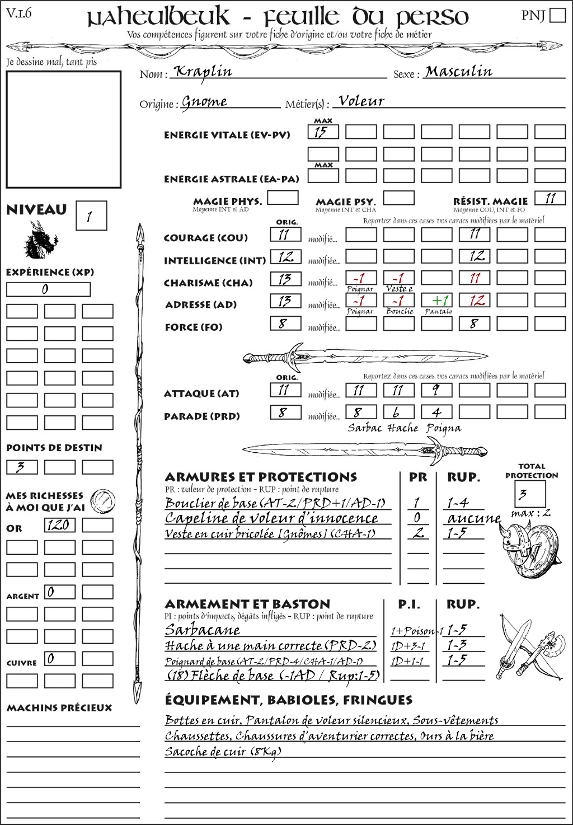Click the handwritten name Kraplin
click(x=203, y=71)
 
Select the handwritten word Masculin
click(x=458, y=71)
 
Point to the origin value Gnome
click(x=204, y=102)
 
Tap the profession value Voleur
click(x=361, y=101)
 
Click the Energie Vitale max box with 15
click(x=323, y=132)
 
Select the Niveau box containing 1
click(x=91, y=215)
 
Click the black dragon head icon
click(x=40, y=240)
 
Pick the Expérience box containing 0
click(x=48, y=289)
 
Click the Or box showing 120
click(x=59, y=525)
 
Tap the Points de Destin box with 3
click(x=22, y=467)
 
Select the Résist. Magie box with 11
click(x=549, y=198)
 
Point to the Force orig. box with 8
click(x=285, y=324)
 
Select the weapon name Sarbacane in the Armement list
click(x=202, y=630)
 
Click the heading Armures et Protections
click(x=261, y=477)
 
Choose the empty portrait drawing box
click(x=63, y=129)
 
